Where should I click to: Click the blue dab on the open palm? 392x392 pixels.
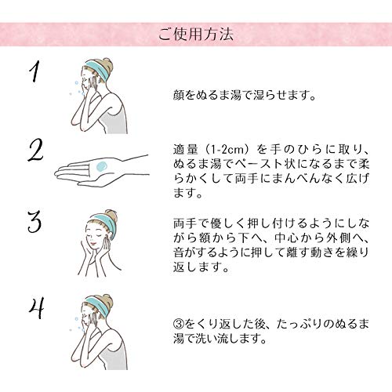[100, 165]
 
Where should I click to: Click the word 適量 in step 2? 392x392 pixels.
[187, 148]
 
